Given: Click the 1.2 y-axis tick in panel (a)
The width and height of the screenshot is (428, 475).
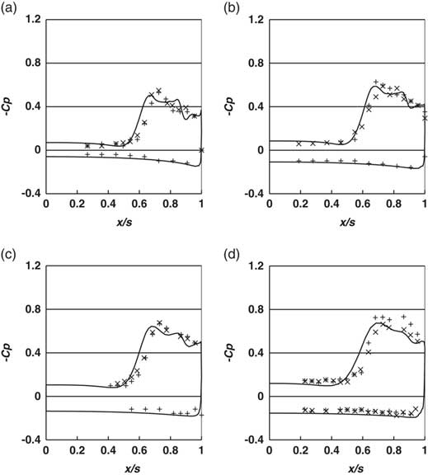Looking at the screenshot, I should point(33,20).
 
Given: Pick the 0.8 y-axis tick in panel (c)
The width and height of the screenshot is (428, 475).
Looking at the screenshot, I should point(33,309).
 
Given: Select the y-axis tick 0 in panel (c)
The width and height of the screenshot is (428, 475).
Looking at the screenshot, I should point(37,396).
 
